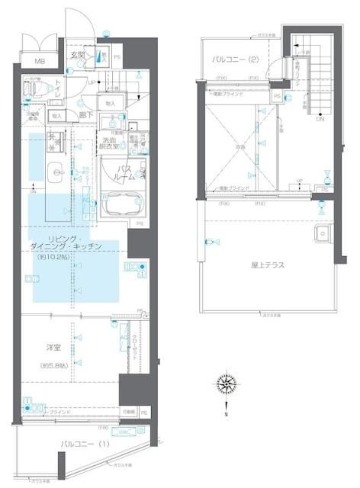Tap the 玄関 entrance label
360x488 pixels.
point(78,55)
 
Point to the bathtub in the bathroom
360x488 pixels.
point(124,204)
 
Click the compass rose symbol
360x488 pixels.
point(225,383)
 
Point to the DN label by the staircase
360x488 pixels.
point(320,120)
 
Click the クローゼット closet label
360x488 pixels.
point(134,348)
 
